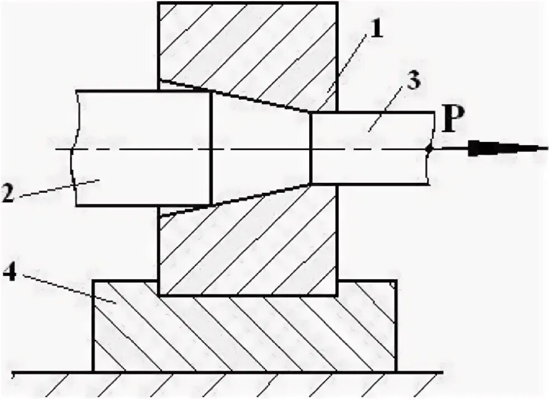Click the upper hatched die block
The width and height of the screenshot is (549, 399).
click(246, 45)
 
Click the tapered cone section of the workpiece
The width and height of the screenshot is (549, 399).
click(260, 148)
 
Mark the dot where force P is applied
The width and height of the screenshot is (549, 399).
click(429, 149)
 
